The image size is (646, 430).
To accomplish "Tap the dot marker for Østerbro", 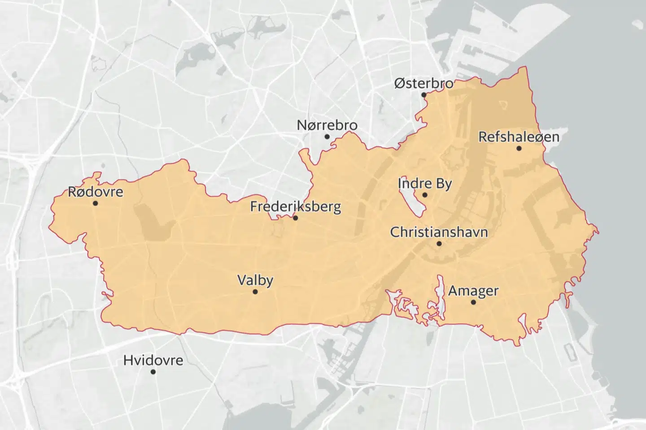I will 424,95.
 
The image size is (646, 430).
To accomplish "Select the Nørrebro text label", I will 327,125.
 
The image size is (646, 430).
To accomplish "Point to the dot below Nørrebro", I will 327,137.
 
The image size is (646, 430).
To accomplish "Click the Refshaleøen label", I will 519,137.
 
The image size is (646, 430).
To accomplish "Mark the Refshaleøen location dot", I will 519,148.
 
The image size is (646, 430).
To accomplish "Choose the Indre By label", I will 425,184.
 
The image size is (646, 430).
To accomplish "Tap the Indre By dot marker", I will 425,195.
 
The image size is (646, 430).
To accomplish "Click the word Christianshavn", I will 439,232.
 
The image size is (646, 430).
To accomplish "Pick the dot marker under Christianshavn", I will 439,244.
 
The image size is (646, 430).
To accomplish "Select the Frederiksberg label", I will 295,206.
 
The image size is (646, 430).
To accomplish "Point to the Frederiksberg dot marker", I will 295,218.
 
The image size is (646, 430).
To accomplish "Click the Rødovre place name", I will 95,192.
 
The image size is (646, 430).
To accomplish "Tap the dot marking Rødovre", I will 95,203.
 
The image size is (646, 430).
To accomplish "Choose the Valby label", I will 255,280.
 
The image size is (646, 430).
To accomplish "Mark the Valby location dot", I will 255,292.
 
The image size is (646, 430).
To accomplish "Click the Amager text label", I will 473,291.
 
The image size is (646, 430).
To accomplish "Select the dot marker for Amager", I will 473,302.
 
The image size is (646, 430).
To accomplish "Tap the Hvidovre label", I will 153,360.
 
